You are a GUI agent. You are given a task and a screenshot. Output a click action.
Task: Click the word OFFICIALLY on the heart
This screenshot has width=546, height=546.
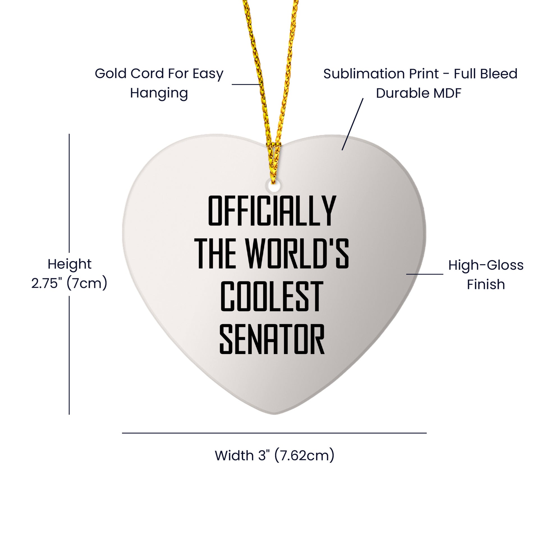(x=272, y=210)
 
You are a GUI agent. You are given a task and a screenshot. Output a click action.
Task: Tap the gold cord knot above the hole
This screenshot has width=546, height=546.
(x=273, y=147)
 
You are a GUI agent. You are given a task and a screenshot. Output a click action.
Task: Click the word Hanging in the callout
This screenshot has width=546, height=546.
(x=159, y=93)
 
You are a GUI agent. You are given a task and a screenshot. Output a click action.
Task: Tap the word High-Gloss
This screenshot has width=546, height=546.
(x=486, y=265)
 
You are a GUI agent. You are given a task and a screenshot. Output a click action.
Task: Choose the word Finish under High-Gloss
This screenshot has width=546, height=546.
(x=486, y=284)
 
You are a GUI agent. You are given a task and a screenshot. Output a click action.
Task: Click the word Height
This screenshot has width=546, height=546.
(x=70, y=264)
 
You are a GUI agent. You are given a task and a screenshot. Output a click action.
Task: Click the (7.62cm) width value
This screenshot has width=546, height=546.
(x=304, y=455)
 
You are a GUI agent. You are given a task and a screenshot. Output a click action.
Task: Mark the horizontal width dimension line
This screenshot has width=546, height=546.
(x=274, y=433)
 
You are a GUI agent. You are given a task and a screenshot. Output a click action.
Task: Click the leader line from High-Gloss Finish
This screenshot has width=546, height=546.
(x=425, y=274)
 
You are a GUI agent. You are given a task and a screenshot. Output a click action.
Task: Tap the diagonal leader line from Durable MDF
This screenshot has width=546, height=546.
(x=352, y=124)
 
